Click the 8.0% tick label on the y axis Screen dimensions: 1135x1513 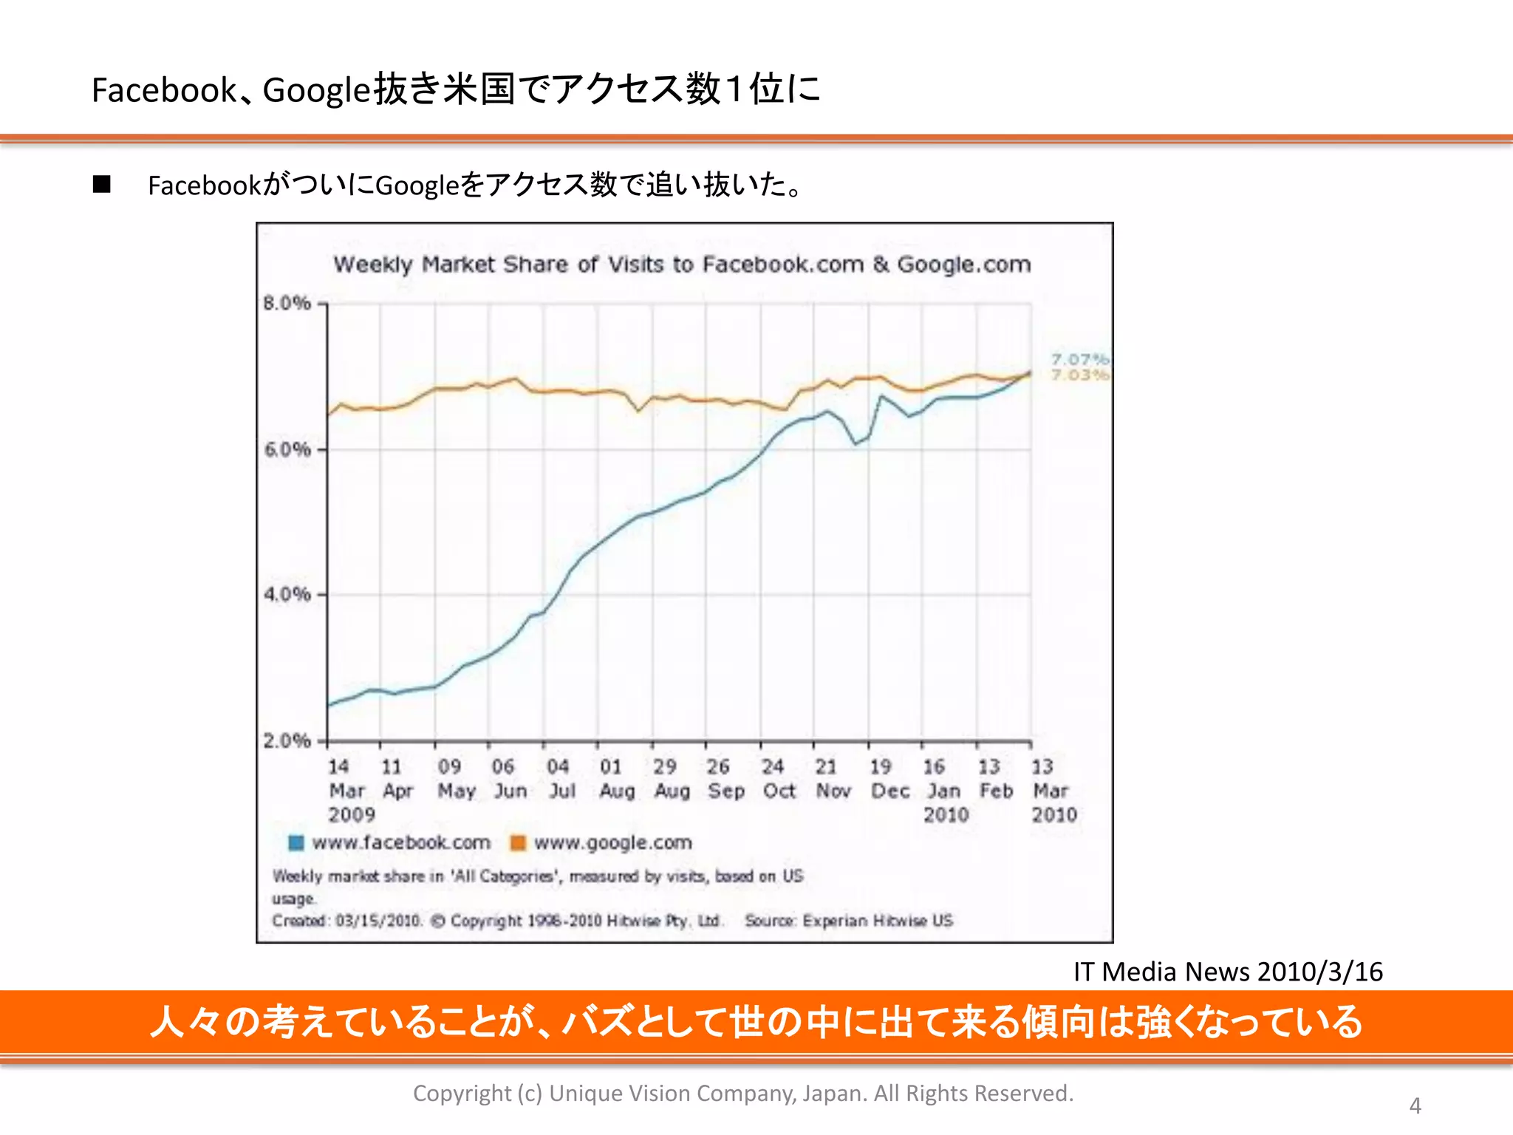[x=287, y=303]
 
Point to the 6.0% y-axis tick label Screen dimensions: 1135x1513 [x=287, y=449]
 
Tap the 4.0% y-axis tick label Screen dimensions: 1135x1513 [x=287, y=594]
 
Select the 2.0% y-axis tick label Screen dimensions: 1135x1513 [x=287, y=740]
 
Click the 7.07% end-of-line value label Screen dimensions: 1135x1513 [x=1080, y=360]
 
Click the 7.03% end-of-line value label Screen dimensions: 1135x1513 [x=1080, y=375]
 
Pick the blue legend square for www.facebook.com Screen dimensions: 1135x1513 [x=296, y=842]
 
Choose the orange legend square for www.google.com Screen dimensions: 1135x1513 [x=518, y=842]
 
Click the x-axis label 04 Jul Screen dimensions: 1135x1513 [x=560, y=779]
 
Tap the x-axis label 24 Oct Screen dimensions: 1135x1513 [x=777, y=779]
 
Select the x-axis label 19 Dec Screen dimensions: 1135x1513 [x=889, y=779]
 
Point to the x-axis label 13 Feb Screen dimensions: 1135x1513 [x=995, y=779]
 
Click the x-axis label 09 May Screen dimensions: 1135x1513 [x=454, y=779]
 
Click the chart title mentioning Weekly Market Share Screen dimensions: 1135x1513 [x=682, y=264]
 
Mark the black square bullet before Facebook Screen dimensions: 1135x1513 [x=102, y=185]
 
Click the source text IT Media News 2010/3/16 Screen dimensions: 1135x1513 [x=1228, y=972]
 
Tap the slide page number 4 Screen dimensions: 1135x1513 [x=1415, y=1105]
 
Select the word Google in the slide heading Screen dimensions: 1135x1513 [x=315, y=90]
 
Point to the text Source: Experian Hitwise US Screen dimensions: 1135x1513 [x=848, y=921]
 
